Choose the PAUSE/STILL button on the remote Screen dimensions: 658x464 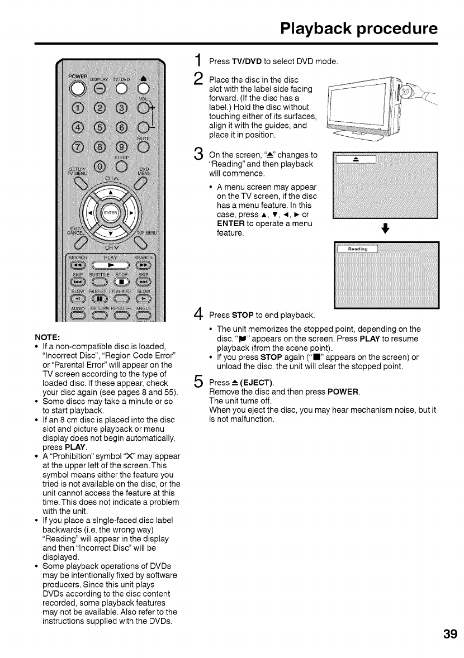coord(100,298)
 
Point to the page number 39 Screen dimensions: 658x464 coord(449,634)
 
